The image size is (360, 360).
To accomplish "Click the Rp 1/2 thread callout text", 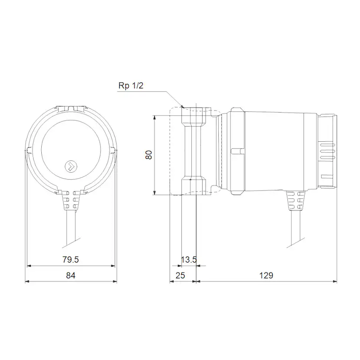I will coord(131,86).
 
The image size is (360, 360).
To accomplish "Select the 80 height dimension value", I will coord(149,155).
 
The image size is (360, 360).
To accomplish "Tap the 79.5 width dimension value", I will coord(70,260).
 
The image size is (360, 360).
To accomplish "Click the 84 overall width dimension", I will coord(71,276).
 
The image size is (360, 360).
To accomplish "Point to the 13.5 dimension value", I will coord(188,260).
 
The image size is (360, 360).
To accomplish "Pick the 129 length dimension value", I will coord(267,276).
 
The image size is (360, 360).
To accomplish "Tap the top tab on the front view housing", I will coord(71,106).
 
